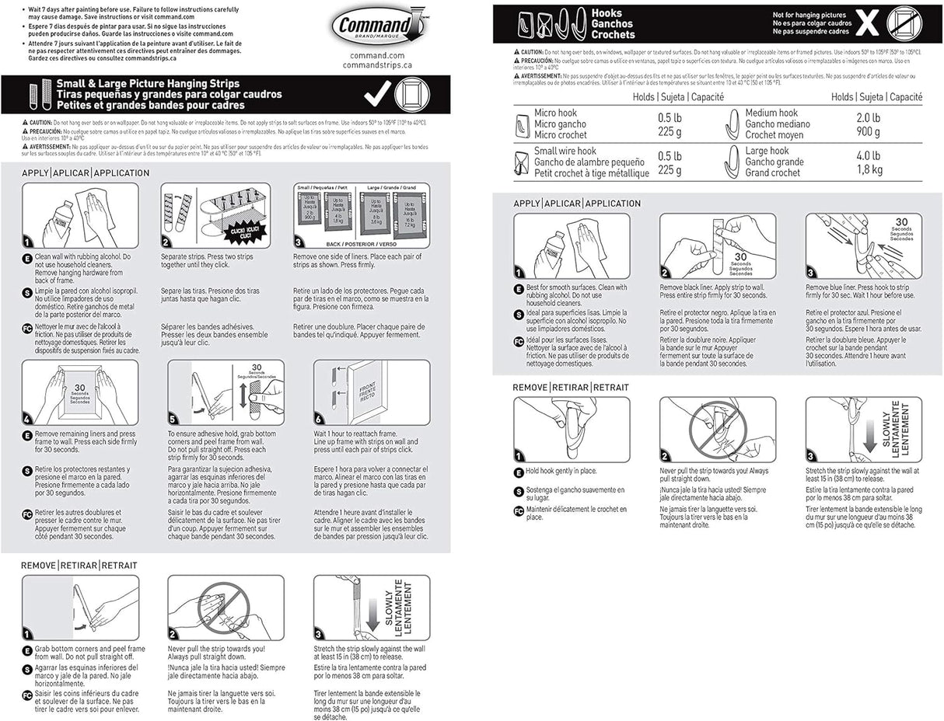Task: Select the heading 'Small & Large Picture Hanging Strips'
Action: tap(148, 83)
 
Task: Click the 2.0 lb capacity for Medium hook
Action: tap(868, 118)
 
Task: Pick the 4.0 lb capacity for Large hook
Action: tap(868, 155)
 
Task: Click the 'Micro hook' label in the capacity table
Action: tap(555, 113)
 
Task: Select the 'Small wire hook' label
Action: tap(565, 151)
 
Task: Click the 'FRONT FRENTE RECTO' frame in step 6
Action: tap(366, 391)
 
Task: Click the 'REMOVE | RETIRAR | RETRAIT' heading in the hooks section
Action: tap(570, 387)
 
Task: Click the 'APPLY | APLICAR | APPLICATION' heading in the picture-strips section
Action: tap(85, 172)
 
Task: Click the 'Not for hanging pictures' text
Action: tap(809, 14)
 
